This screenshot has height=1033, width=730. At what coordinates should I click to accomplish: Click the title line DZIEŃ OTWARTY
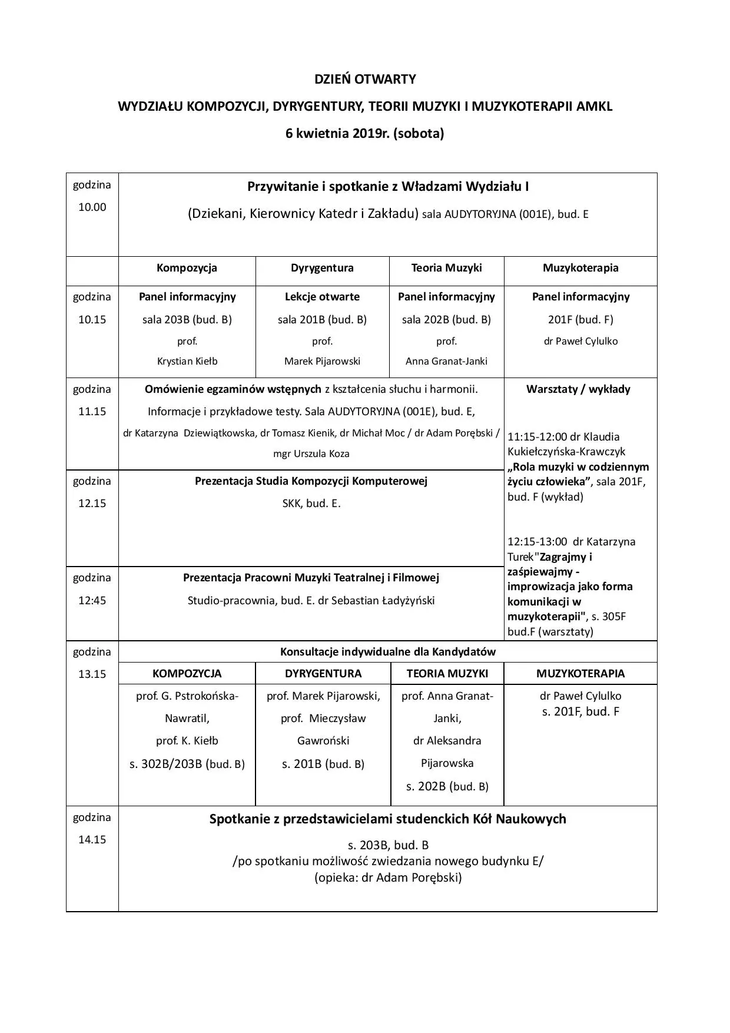(364, 79)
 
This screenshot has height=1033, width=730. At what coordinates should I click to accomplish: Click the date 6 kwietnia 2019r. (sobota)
(364, 134)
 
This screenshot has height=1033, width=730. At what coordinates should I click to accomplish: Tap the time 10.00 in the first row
(92, 207)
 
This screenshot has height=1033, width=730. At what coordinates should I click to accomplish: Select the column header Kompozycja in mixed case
(187, 268)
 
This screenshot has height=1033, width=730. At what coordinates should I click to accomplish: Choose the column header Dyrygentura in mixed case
(322, 268)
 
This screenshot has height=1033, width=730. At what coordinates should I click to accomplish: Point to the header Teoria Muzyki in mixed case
(446, 268)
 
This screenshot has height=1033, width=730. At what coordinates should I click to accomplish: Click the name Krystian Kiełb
(187, 361)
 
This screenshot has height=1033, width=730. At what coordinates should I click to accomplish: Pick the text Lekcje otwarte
(322, 297)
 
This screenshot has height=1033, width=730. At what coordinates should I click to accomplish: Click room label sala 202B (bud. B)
(446, 320)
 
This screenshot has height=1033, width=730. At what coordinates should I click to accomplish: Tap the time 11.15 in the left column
(92, 412)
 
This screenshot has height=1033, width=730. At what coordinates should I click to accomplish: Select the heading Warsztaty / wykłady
(578, 389)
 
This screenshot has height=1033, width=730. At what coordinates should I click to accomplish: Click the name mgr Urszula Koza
(311, 453)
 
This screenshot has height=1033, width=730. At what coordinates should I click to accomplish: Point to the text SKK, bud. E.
(311, 504)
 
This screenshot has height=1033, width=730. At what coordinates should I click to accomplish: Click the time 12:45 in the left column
(92, 601)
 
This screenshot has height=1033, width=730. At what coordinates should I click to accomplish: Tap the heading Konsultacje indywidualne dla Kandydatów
(387, 652)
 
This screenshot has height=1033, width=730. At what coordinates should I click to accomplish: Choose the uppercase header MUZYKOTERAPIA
(580, 674)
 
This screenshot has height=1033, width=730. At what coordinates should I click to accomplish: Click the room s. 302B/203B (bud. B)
(187, 764)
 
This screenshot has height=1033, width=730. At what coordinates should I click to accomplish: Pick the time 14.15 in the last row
(92, 840)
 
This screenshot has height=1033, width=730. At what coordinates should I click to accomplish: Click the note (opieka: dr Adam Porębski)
(387, 878)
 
